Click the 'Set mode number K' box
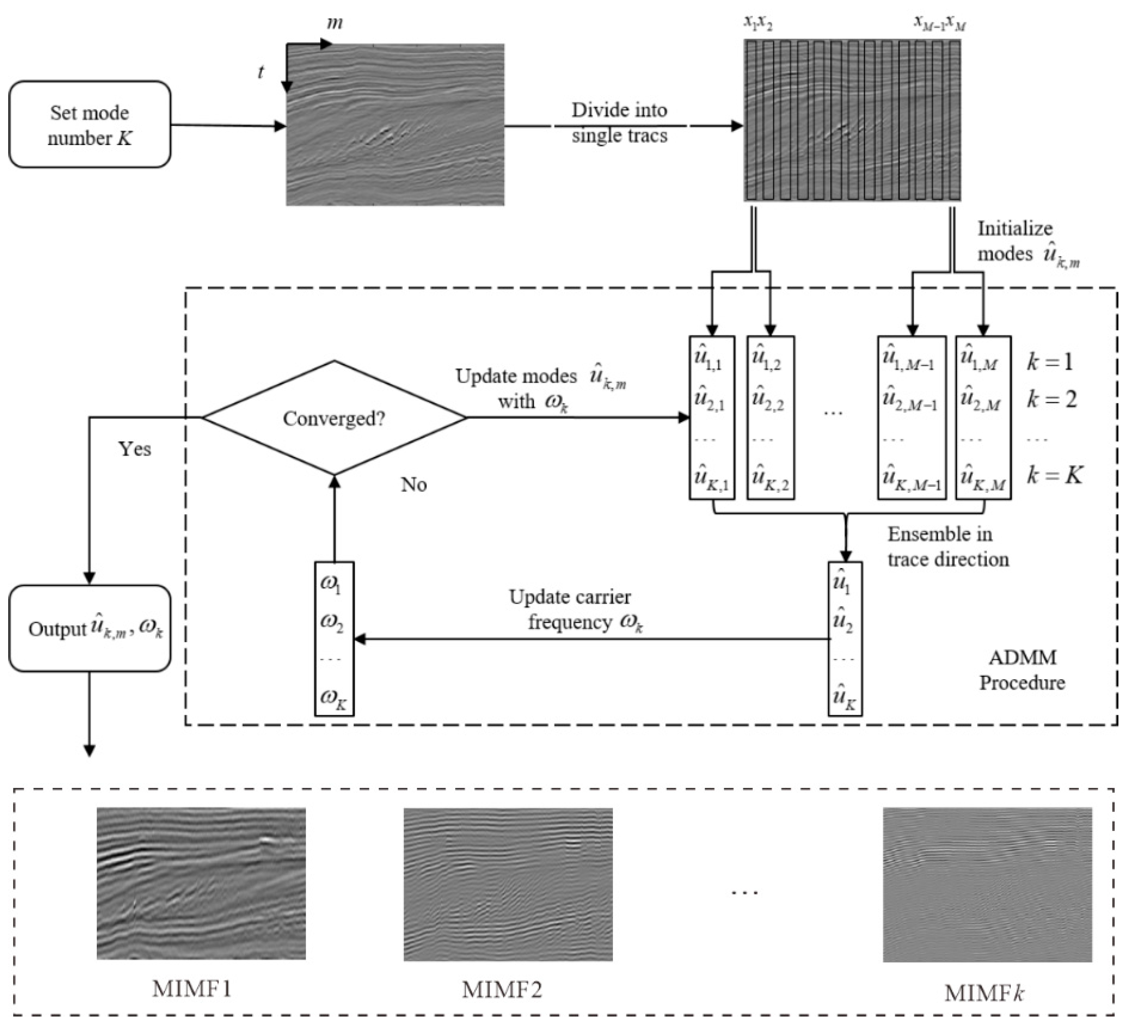(x=89, y=125)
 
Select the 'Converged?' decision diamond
(x=334, y=418)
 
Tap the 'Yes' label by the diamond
(x=134, y=449)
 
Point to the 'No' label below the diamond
(x=414, y=485)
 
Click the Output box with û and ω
(x=89, y=629)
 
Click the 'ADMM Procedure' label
(x=1022, y=670)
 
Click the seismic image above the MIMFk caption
(x=987, y=884)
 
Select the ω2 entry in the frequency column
(x=332, y=623)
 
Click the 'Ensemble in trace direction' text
(x=948, y=547)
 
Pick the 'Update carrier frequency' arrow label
(x=576, y=609)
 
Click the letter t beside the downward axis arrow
(x=261, y=72)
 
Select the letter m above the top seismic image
(x=334, y=23)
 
